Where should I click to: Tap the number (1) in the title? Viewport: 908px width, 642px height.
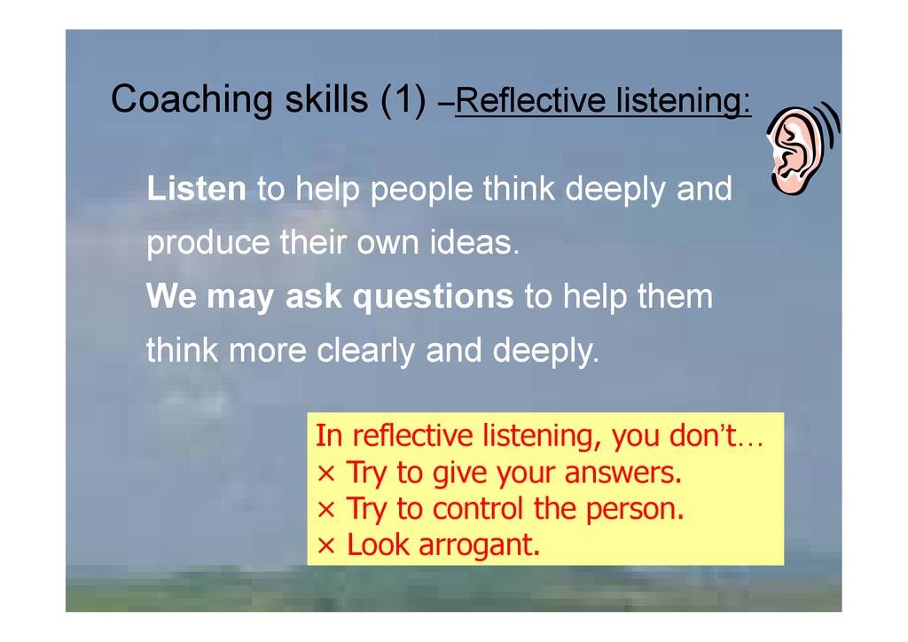403,99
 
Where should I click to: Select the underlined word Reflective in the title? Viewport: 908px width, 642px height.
530,100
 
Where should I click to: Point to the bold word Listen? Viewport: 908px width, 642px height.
196,189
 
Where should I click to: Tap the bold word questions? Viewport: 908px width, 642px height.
433,297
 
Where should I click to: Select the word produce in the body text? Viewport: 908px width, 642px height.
207,243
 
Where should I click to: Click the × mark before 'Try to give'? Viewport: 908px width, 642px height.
326,474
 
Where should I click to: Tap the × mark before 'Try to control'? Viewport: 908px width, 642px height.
326,510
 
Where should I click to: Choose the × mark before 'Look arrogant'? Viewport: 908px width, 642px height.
326,546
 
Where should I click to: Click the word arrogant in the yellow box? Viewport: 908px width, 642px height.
480,545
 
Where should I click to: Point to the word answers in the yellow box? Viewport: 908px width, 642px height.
623,474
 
